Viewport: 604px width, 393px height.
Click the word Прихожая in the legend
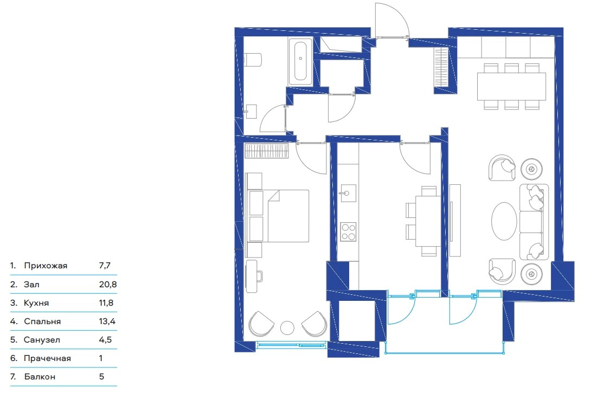tap(46, 266)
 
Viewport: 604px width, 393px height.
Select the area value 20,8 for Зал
tap(108, 285)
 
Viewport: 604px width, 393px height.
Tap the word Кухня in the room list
tap(36, 303)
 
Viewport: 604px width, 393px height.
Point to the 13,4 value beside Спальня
tap(107, 321)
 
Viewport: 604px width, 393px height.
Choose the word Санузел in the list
tap(42, 340)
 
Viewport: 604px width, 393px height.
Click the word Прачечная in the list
tap(47, 358)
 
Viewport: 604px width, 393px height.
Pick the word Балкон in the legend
tap(40, 377)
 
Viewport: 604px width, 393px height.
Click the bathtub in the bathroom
tap(300, 62)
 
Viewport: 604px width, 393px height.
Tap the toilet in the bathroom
tap(253, 60)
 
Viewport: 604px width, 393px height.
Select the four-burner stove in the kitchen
tap(348, 232)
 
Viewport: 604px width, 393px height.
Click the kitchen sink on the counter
tap(346, 193)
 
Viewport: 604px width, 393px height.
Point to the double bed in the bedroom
tap(278, 216)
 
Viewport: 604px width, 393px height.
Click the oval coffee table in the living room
tap(504, 221)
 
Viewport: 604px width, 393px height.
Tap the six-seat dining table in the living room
tap(511, 87)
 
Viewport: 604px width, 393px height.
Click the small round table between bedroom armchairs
tap(287, 327)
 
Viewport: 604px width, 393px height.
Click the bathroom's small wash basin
tap(251, 111)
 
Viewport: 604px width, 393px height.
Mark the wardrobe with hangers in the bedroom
tap(267, 151)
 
